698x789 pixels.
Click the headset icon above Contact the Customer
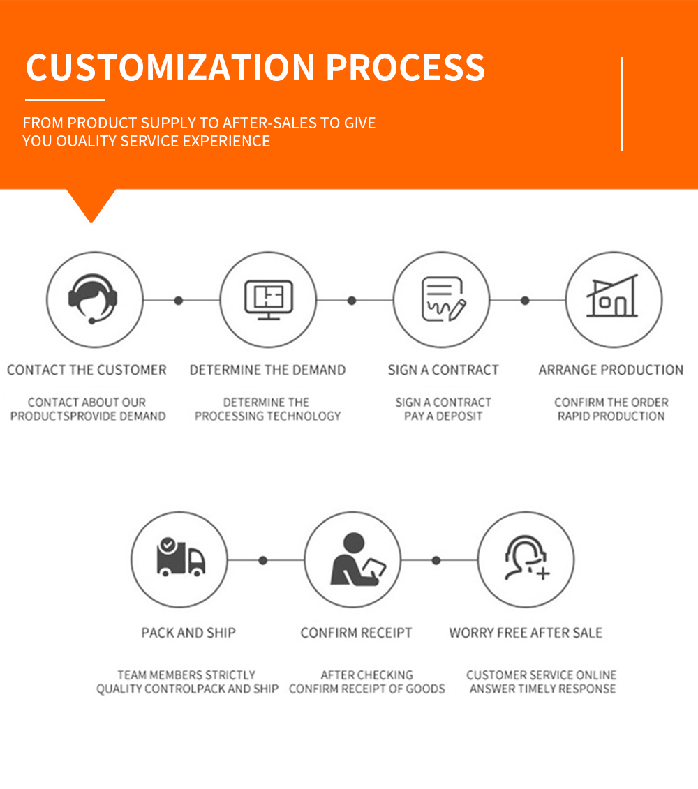(93, 299)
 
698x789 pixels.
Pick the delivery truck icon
(180, 557)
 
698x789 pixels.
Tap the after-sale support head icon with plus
(527, 557)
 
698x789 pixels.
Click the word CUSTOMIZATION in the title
(170, 68)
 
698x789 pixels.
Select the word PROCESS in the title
(406, 68)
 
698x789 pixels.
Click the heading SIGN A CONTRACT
(443, 370)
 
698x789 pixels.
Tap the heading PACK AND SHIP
(188, 633)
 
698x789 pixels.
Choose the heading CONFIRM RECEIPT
(356, 633)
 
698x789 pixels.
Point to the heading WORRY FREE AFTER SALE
(526, 633)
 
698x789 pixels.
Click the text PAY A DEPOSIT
(443, 416)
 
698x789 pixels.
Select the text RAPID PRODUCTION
(611, 416)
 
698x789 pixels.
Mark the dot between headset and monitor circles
(178, 301)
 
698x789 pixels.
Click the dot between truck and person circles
(263, 560)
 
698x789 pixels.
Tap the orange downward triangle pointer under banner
(91, 203)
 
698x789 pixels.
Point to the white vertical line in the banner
(623, 103)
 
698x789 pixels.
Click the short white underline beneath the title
(65, 100)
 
